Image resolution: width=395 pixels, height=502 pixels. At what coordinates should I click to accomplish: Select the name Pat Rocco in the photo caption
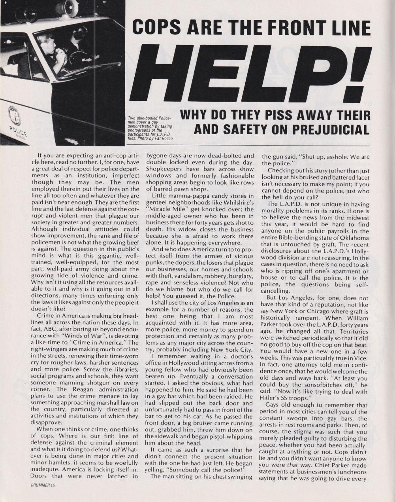(164, 138)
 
